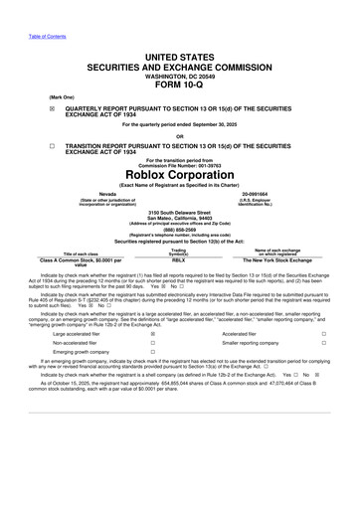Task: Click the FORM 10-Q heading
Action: pyautogui.click(x=180, y=84)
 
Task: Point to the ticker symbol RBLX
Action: pyautogui.click(x=179, y=259)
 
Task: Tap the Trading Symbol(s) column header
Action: pyautogui.click(x=179, y=251)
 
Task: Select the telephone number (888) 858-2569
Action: pyautogui.click(x=180, y=225)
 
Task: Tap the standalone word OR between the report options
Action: pyautogui.click(x=180, y=136)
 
